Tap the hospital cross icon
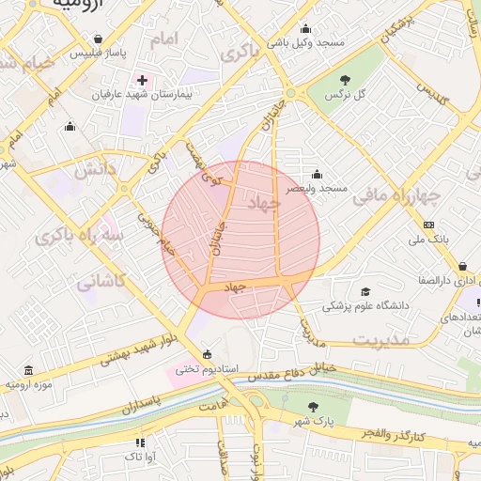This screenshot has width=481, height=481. click(142, 81)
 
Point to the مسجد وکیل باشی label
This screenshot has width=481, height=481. click(318, 43)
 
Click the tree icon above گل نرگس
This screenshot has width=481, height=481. click(345, 81)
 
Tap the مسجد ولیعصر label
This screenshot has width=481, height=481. click(319, 188)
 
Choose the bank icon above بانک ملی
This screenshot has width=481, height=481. click(429, 225)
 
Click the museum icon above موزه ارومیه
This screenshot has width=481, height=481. click(29, 370)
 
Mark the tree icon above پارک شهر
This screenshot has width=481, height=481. click(314, 406)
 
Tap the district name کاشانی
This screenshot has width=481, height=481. click(101, 280)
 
